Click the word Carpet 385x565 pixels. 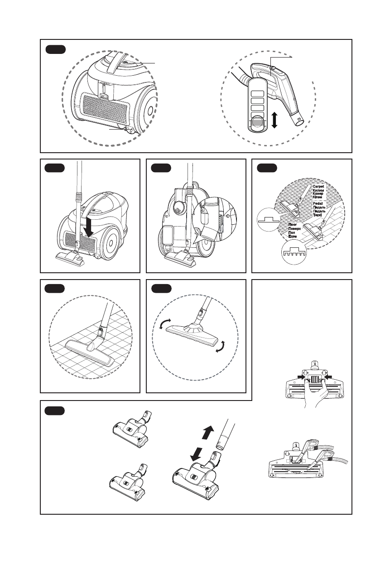tap(319, 186)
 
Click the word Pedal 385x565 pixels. tap(318, 205)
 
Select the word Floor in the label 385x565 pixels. tap(294, 224)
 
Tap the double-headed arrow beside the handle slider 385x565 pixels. tap(274, 121)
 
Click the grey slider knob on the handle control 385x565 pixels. tap(257, 123)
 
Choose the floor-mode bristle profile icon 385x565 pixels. tap(294, 253)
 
